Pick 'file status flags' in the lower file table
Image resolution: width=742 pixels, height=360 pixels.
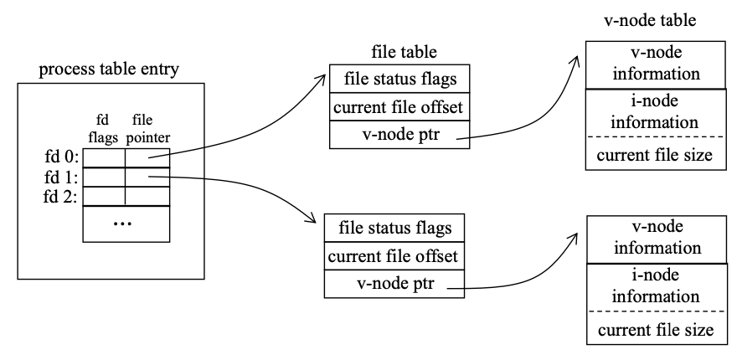pyautogui.click(x=394, y=228)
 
